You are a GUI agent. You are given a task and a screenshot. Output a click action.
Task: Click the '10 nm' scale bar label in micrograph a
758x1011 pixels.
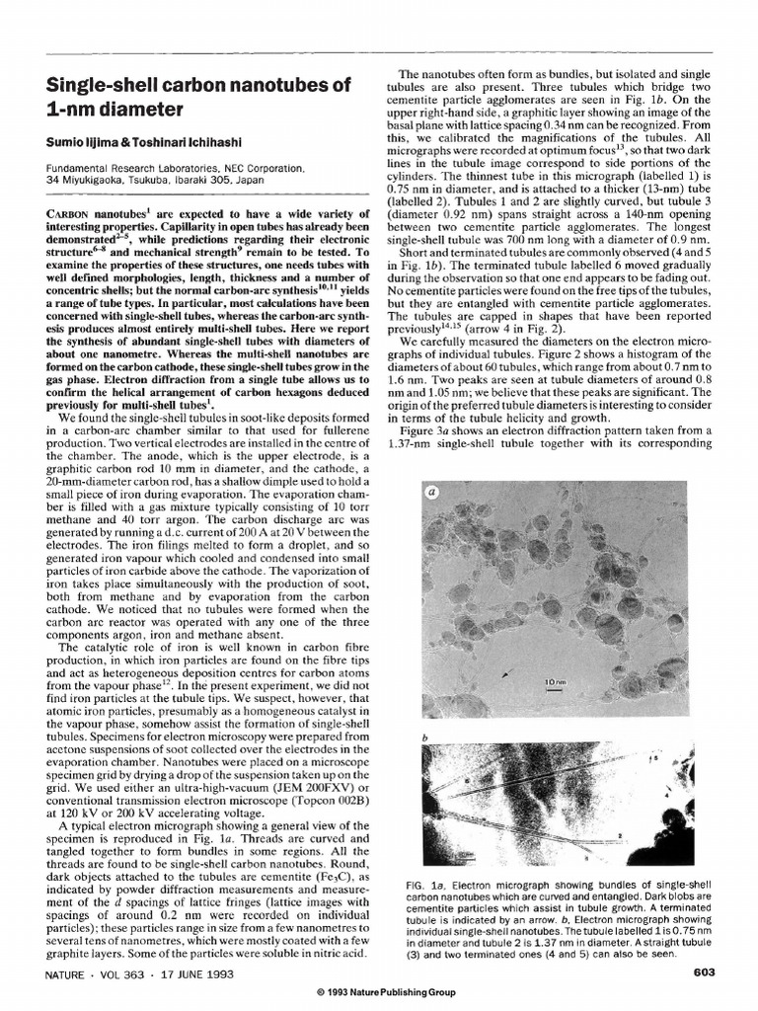pos(556,681)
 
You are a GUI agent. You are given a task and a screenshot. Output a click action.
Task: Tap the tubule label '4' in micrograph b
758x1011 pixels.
pos(669,791)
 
